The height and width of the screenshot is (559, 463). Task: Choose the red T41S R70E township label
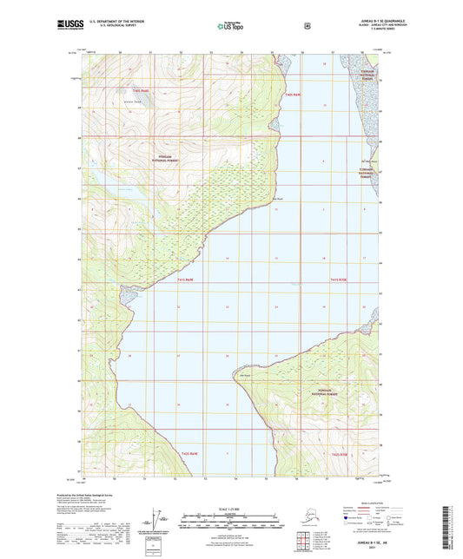tap(339, 280)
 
